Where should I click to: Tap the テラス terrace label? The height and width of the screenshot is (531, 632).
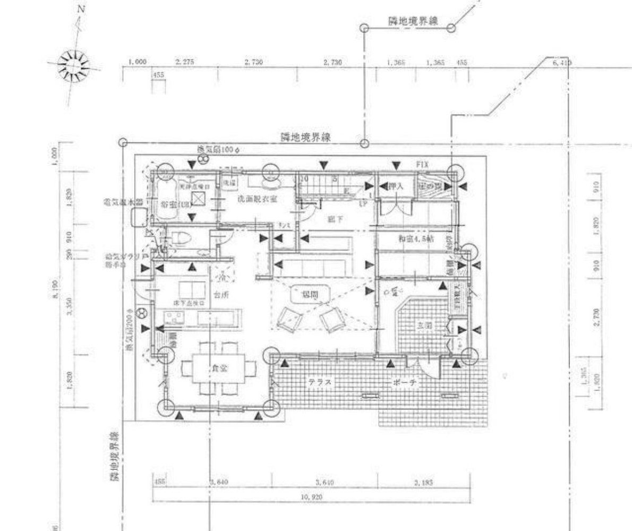pos(320,382)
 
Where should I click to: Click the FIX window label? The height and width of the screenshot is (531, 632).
pos(423,165)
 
